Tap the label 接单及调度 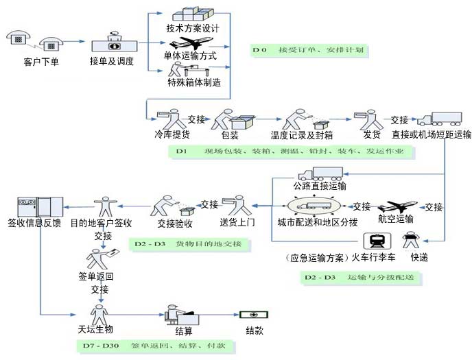(111, 62)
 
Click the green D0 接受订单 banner (310, 50)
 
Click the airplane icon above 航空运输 (397, 206)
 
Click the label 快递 (420, 259)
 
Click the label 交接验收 (175, 223)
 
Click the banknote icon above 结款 (254, 315)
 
